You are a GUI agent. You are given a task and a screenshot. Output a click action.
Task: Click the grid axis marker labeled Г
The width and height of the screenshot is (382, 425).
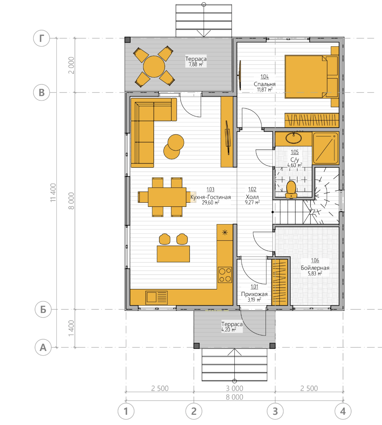(42, 38)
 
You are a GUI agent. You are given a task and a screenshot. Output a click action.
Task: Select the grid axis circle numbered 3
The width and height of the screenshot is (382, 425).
(275, 412)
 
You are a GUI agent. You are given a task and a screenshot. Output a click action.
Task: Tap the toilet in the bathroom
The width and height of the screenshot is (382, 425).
(291, 189)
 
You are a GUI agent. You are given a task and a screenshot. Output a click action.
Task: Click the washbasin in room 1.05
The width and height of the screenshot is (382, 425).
(294, 138)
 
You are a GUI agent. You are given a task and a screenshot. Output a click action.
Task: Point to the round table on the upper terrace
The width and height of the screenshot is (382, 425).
(154, 67)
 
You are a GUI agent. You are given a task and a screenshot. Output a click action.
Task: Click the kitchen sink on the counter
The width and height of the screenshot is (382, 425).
(156, 298)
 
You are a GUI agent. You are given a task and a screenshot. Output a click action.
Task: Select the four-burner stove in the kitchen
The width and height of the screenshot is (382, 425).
(225, 275)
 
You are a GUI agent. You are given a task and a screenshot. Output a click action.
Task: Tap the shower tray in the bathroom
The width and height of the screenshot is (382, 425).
(326, 148)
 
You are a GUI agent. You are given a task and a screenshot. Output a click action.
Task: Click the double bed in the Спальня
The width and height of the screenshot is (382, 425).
(312, 77)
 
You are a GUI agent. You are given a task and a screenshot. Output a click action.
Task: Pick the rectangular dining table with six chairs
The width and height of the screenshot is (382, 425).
(167, 197)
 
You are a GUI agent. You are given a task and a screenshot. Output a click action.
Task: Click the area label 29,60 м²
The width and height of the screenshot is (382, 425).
(210, 203)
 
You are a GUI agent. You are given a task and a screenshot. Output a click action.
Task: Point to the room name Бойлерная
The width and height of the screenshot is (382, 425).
(315, 268)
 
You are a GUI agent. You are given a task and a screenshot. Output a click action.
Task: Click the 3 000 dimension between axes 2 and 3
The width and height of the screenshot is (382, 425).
(234, 388)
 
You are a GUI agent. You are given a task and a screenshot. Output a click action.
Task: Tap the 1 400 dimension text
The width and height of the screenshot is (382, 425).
(71, 328)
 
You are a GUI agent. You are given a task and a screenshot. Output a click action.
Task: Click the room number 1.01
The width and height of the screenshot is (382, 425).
(254, 287)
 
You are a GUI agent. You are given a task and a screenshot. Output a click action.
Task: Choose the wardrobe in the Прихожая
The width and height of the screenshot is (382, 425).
(280, 282)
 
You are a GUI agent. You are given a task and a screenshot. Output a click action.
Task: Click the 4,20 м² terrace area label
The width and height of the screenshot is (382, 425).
(229, 329)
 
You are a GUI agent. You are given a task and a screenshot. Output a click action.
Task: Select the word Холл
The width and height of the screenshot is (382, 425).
(252, 197)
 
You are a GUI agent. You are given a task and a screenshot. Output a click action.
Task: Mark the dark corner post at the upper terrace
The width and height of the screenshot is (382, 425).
(128, 39)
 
